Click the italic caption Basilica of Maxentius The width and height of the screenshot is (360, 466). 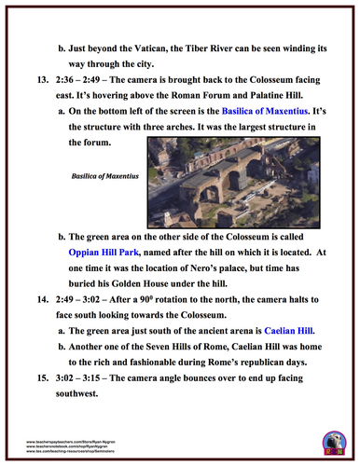100,174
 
